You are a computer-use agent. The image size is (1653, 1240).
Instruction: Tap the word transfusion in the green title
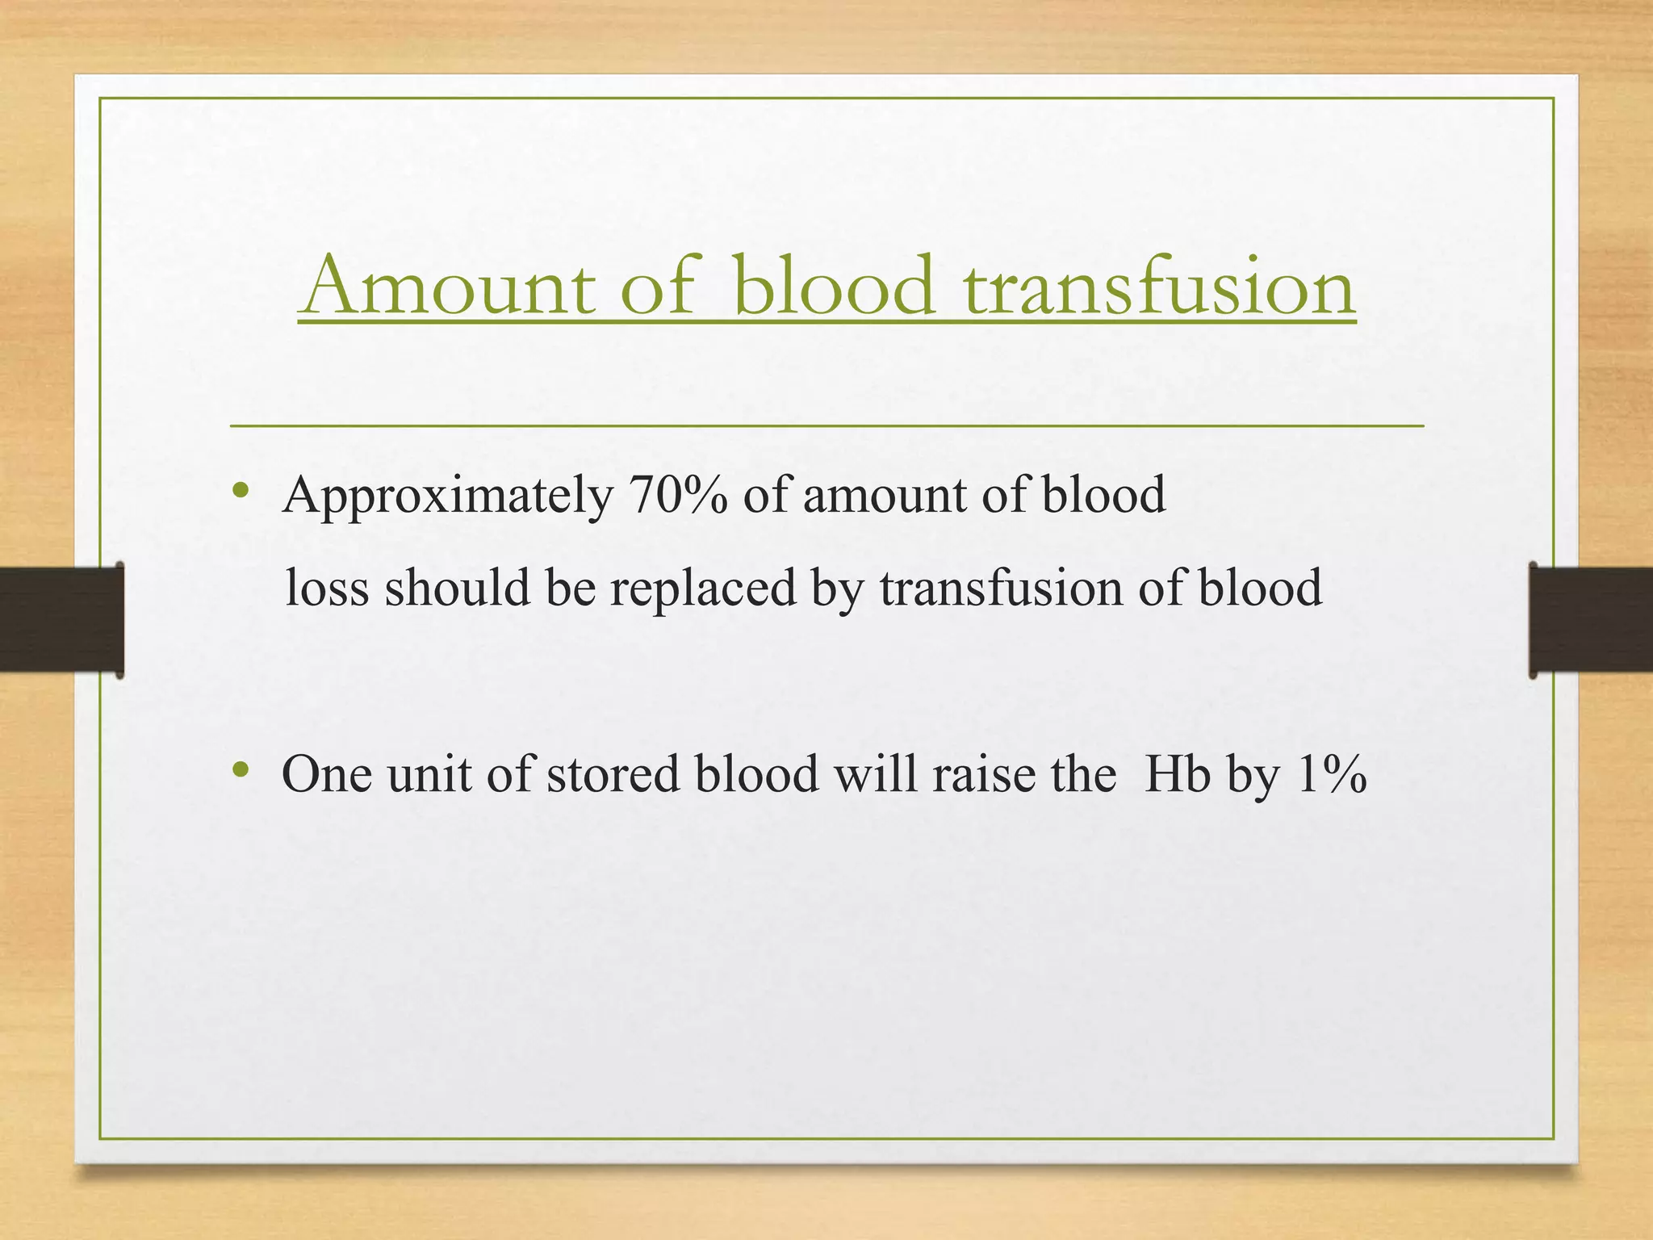click(1159, 286)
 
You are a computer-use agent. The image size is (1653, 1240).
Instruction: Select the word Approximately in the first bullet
click(447, 496)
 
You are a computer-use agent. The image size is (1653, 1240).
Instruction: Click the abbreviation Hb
click(1178, 774)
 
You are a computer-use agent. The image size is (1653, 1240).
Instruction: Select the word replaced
click(702, 588)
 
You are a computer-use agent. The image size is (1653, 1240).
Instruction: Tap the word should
click(457, 588)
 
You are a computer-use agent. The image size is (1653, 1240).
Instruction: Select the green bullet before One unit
click(239, 770)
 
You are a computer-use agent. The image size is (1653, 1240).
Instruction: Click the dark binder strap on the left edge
click(61, 619)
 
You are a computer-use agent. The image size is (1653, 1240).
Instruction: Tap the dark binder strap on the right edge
click(1590, 619)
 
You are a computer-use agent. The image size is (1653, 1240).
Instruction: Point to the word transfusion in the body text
click(1001, 588)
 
